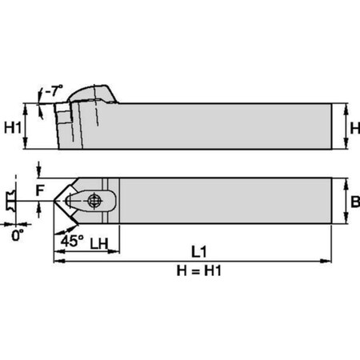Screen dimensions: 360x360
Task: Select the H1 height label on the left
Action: [14, 126]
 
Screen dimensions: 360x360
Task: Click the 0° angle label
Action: [18, 237]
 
